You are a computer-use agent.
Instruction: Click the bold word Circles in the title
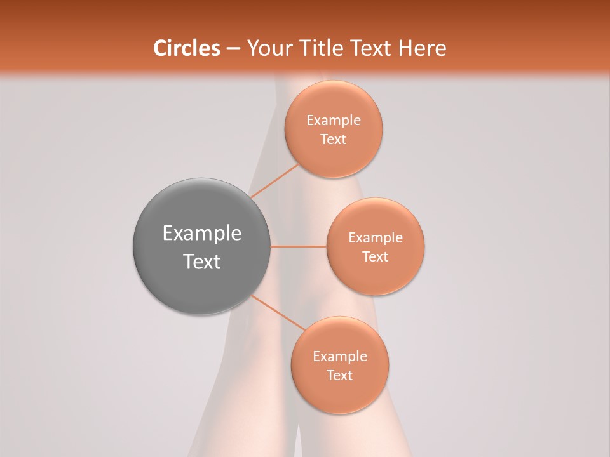[x=186, y=48]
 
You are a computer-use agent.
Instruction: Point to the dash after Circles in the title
[x=233, y=49]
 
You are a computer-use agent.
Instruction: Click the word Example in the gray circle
[x=202, y=234]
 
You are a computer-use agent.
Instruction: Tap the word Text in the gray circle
[x=202, y=262]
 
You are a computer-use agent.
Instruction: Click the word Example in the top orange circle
[x=334, y=121]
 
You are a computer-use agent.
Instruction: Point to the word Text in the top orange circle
[x=334, y=140]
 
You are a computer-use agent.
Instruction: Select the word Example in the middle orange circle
[x=376, y=238]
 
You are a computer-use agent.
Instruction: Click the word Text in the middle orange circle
[x=376, y=257]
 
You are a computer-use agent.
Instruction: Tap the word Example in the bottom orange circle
[x=340, y=357]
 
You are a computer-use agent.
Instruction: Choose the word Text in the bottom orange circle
[x=340, y=376]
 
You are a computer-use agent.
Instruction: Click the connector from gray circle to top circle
[x=274, y=181]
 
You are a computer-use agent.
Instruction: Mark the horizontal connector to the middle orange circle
[x=299, y=246]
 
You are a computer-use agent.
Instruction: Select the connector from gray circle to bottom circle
[x=278, y=312]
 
